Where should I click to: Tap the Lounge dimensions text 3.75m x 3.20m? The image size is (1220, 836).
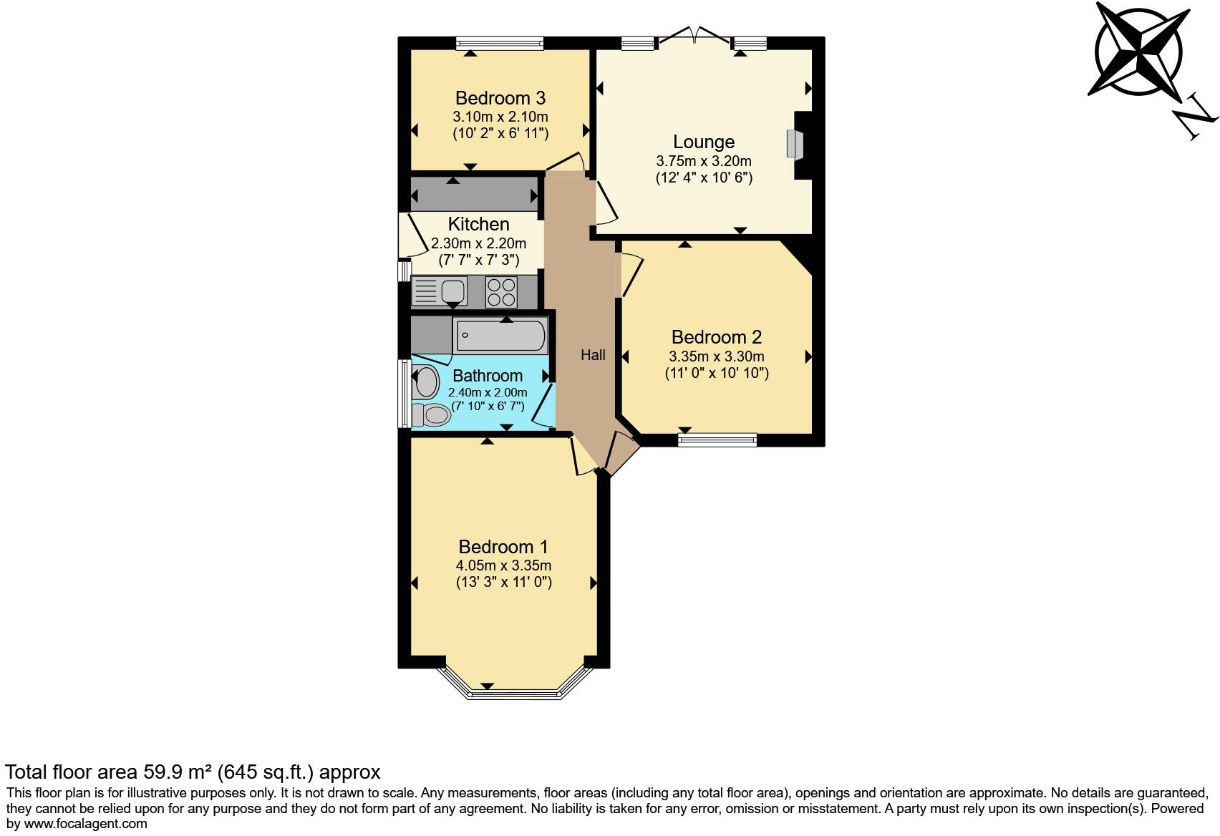click(703, 161)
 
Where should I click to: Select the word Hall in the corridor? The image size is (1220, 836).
click(592, 355)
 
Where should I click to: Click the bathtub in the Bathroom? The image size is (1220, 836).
click(501, 336)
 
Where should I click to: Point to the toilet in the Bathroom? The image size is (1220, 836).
click(431, 414)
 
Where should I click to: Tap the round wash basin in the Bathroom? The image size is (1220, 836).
click(427, 381)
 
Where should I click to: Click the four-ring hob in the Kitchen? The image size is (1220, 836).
click(501, 291)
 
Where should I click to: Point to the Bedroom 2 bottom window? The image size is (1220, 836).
click(717, 439)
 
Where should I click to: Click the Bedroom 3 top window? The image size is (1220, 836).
click(499, 44)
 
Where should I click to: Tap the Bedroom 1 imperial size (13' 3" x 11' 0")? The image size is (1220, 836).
click(503, 582)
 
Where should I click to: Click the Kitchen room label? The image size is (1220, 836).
click(478, 224)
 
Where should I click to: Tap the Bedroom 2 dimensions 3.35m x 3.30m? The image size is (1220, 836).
click(716, 356)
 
